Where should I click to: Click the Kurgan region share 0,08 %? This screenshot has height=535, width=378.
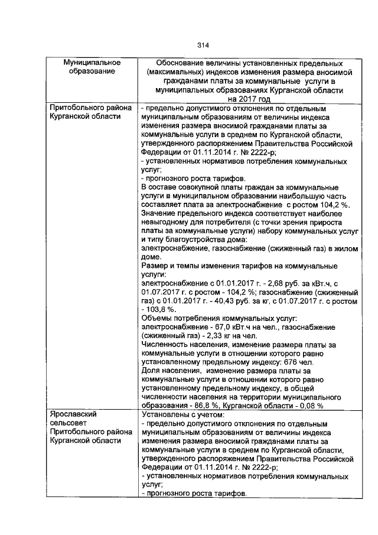coord(309,406)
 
